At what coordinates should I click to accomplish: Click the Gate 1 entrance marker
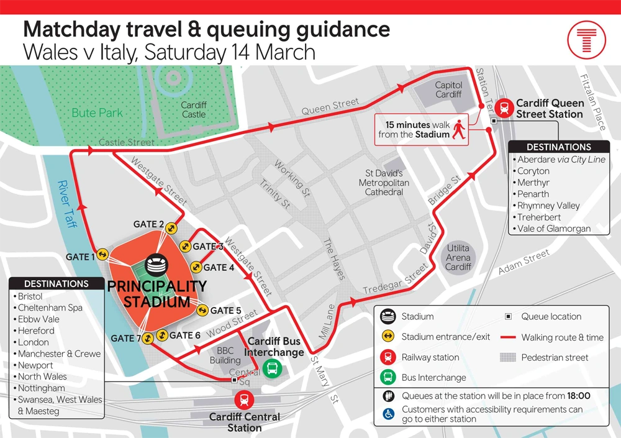tap(102, 255)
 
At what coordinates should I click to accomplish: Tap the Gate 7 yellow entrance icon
tap(148, 339)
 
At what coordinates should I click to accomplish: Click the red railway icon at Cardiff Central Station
tap(245, 399)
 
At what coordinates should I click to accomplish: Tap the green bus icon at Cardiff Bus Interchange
tap(271, 368)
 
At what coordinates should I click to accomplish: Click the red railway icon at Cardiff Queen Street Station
tap(505, 108)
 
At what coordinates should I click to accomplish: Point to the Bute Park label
tap(97, 113)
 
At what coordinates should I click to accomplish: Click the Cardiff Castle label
tap(194, 110)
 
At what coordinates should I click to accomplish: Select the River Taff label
tap(66, 204)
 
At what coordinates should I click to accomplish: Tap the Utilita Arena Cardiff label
tap(458, 257)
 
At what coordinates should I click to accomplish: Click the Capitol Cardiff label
tap(448, 89)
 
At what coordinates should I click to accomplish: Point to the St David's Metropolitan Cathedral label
tap(384, 183)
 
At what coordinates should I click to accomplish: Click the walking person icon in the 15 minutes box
tap(459, 129)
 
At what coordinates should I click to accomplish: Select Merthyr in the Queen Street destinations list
tap(533, 183)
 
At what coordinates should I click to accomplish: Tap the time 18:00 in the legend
tap(579, 396)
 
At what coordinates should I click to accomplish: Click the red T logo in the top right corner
tap(586, 40)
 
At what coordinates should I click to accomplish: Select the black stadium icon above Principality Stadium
tap(156, 266)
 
